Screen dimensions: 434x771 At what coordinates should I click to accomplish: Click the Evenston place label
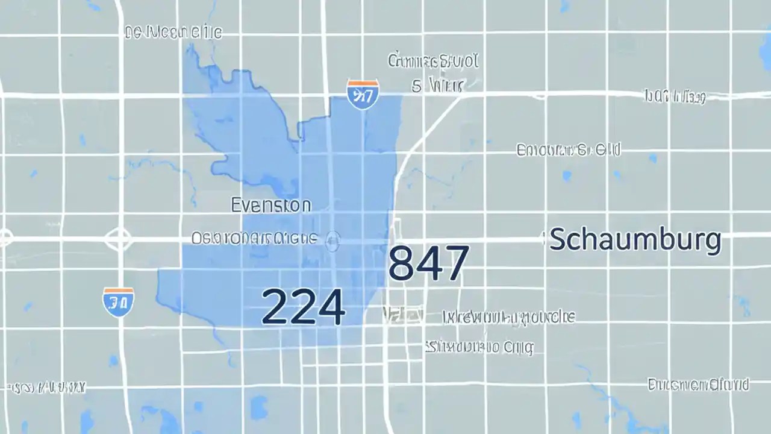(x=271, y=205)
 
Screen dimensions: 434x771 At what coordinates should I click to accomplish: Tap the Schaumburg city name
(x=635, y=240)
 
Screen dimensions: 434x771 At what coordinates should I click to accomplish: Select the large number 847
(x=428, y=263)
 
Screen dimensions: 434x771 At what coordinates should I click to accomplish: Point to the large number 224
(x=304, y=307)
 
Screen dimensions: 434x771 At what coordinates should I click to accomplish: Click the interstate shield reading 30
(x=118, y=301)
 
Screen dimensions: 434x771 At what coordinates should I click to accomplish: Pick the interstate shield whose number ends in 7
(x=363, y=95)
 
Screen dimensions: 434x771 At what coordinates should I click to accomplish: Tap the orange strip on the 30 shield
(x=118, y=290)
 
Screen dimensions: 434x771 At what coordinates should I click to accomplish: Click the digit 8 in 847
(x=401, y=263)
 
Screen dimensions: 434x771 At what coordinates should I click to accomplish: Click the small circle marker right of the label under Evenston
(x=332, y=241)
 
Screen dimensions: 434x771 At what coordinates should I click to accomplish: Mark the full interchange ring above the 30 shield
(x=118, y=239)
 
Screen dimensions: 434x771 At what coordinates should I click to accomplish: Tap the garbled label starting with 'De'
(x=173, y=32)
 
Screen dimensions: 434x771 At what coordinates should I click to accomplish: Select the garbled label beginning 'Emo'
(x=569, y=149)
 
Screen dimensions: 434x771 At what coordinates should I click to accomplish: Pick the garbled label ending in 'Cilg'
(x=479, y=347)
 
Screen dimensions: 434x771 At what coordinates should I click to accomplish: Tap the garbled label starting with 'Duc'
(x=698, y=384)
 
